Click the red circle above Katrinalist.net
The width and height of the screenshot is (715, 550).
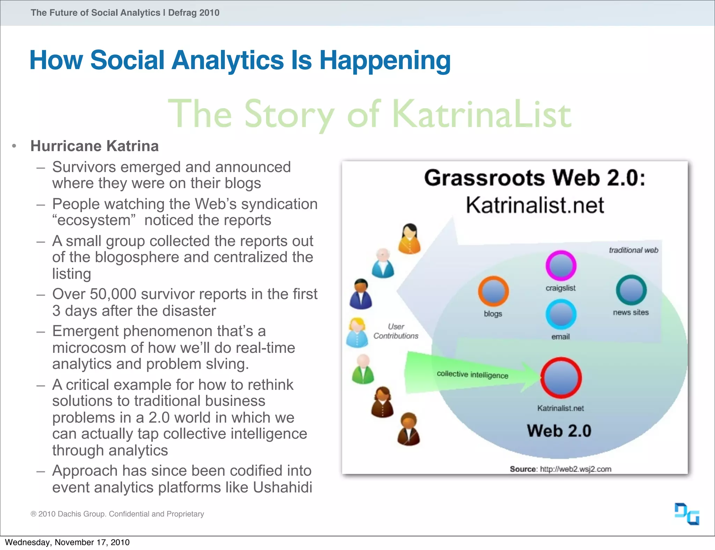[x=561, y=378]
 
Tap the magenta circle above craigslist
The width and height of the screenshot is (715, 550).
[x=561, y=265]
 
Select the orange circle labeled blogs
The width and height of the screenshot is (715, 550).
[x=493, y=291]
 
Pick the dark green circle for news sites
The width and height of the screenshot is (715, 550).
[x=631, y=290]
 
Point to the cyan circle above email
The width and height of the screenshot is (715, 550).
[x=561, y=314]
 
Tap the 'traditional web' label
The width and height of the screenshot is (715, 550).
[x=633, y=250]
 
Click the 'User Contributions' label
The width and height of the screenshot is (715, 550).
[x=396, y=331]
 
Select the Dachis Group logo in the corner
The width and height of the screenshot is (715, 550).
[x=687, y=514]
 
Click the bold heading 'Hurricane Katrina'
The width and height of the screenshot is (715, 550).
[x=94, y=146]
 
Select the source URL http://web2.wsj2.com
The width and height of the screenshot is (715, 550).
[x=575, y=469]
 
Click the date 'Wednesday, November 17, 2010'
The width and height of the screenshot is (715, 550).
[x=67, y=542]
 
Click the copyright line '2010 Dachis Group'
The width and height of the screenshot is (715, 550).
[x=117, y=514]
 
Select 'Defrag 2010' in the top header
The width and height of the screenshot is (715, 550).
[x=193, y=13]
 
